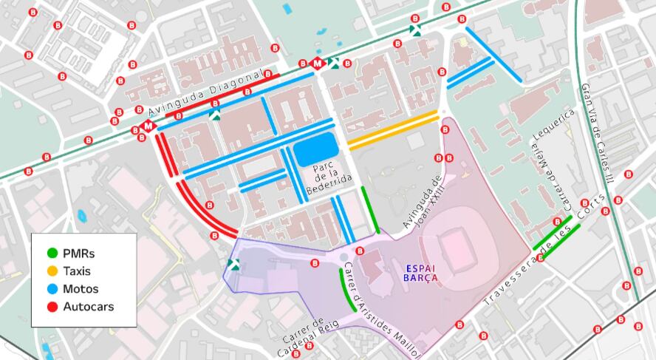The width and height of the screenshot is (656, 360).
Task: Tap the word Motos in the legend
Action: coord(81,289)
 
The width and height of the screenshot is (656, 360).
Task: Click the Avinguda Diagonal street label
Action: coord(205,93)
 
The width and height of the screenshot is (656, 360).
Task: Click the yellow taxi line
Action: coord(394,131)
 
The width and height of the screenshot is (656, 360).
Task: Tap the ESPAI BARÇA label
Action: coord(420,273)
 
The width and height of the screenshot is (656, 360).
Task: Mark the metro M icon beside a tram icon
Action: coord(318,64)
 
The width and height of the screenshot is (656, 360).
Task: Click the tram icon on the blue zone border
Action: coord(234,265)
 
